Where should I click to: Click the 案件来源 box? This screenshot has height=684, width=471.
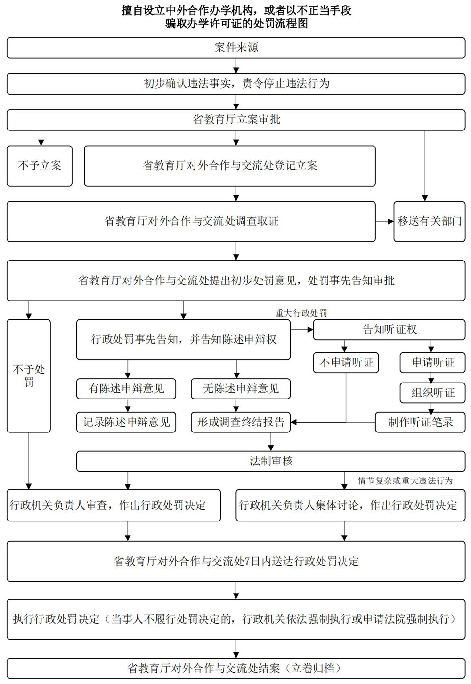point(236,48)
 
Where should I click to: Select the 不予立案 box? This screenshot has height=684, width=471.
point(40,165)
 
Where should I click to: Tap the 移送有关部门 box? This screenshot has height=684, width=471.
point(430,221)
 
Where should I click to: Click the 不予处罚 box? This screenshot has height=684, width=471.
point(29,375)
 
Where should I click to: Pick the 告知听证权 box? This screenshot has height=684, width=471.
point(389,329)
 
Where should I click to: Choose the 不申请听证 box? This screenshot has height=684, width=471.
point(346,362)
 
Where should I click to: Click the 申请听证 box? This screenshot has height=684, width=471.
point(432,362)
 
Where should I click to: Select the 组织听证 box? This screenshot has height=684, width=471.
point(432,392)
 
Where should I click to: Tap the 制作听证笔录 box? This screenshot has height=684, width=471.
point(420,422)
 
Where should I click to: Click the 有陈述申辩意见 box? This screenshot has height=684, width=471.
point(126,389)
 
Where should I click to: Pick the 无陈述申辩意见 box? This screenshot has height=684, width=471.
point(241,389)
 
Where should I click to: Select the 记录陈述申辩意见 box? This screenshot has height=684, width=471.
point(126,422)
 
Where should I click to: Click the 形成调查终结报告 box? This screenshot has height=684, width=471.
point(241,422)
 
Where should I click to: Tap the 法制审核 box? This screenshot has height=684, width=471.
point(271,461)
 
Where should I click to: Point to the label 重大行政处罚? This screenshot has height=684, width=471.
point(301,313)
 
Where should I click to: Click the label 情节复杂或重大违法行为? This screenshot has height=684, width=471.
point(405,480)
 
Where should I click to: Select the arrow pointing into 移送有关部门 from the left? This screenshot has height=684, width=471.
point(385,221)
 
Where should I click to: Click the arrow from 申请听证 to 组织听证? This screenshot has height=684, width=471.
point(431,378)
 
